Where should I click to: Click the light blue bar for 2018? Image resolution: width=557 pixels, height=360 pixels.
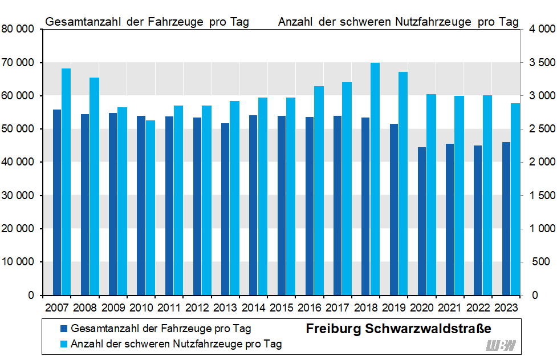[375, 179]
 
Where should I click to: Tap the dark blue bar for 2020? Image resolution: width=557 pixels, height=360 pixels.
[422, 221]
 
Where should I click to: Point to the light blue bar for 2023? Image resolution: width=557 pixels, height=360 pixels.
[515, 199]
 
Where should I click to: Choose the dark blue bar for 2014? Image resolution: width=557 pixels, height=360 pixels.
[254, 205]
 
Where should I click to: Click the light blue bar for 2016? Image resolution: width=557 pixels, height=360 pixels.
[319, 191]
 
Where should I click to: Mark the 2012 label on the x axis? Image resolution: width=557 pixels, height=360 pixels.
[197, 308]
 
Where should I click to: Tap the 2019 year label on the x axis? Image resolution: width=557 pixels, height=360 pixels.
[394, 308]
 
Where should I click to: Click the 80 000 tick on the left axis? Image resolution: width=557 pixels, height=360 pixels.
[18, 30]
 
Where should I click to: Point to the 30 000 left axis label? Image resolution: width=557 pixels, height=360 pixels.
[18, 196]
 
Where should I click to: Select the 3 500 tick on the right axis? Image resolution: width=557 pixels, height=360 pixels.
[540, 63]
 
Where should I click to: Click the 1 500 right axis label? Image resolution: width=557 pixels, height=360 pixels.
[540, 196]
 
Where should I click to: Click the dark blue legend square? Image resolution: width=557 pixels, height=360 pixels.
[64, 329]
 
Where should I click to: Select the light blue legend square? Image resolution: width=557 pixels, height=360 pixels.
[64, 344]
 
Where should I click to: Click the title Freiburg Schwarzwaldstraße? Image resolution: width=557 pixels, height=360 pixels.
[399, 330]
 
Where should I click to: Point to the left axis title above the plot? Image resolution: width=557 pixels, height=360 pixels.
[147, 22]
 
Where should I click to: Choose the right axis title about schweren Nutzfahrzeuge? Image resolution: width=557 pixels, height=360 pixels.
[399, 22]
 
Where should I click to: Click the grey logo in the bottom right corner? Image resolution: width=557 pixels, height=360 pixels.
[501, 346]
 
